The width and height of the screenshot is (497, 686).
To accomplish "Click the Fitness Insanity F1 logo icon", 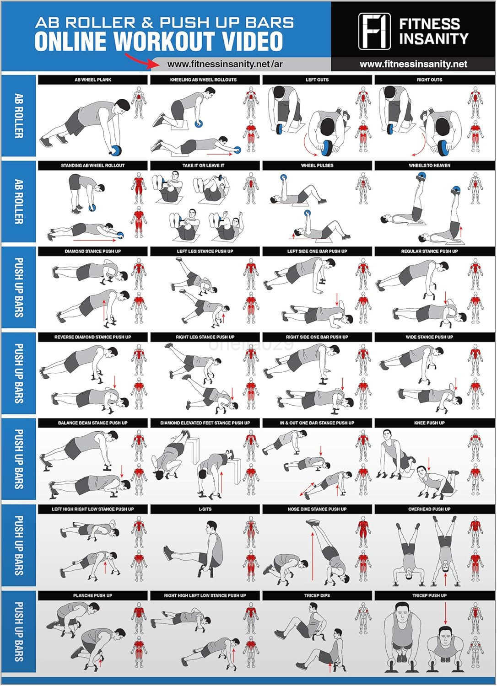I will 374,31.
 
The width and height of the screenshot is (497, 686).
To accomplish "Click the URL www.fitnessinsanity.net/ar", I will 225,64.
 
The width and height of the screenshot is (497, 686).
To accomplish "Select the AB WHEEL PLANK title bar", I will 93,80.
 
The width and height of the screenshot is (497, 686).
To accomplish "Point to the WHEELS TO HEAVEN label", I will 429,166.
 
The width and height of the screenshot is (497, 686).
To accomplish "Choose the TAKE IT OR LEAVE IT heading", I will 205,166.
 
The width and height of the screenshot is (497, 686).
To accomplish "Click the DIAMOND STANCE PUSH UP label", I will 93,252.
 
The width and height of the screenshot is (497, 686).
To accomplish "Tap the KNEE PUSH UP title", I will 429,423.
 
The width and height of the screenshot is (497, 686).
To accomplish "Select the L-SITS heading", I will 205,509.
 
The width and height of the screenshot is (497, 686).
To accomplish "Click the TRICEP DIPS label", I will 317,595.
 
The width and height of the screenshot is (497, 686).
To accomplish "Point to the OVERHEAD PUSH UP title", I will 429,509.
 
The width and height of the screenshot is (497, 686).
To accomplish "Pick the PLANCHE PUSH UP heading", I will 93,595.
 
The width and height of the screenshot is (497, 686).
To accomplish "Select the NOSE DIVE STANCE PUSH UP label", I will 317,509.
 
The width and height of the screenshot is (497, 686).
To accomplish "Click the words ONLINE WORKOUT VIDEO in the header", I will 159,42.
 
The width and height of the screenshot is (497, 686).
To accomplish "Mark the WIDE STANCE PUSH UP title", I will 429,337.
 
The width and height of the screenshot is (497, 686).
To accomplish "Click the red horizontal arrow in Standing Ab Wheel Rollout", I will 94,239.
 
